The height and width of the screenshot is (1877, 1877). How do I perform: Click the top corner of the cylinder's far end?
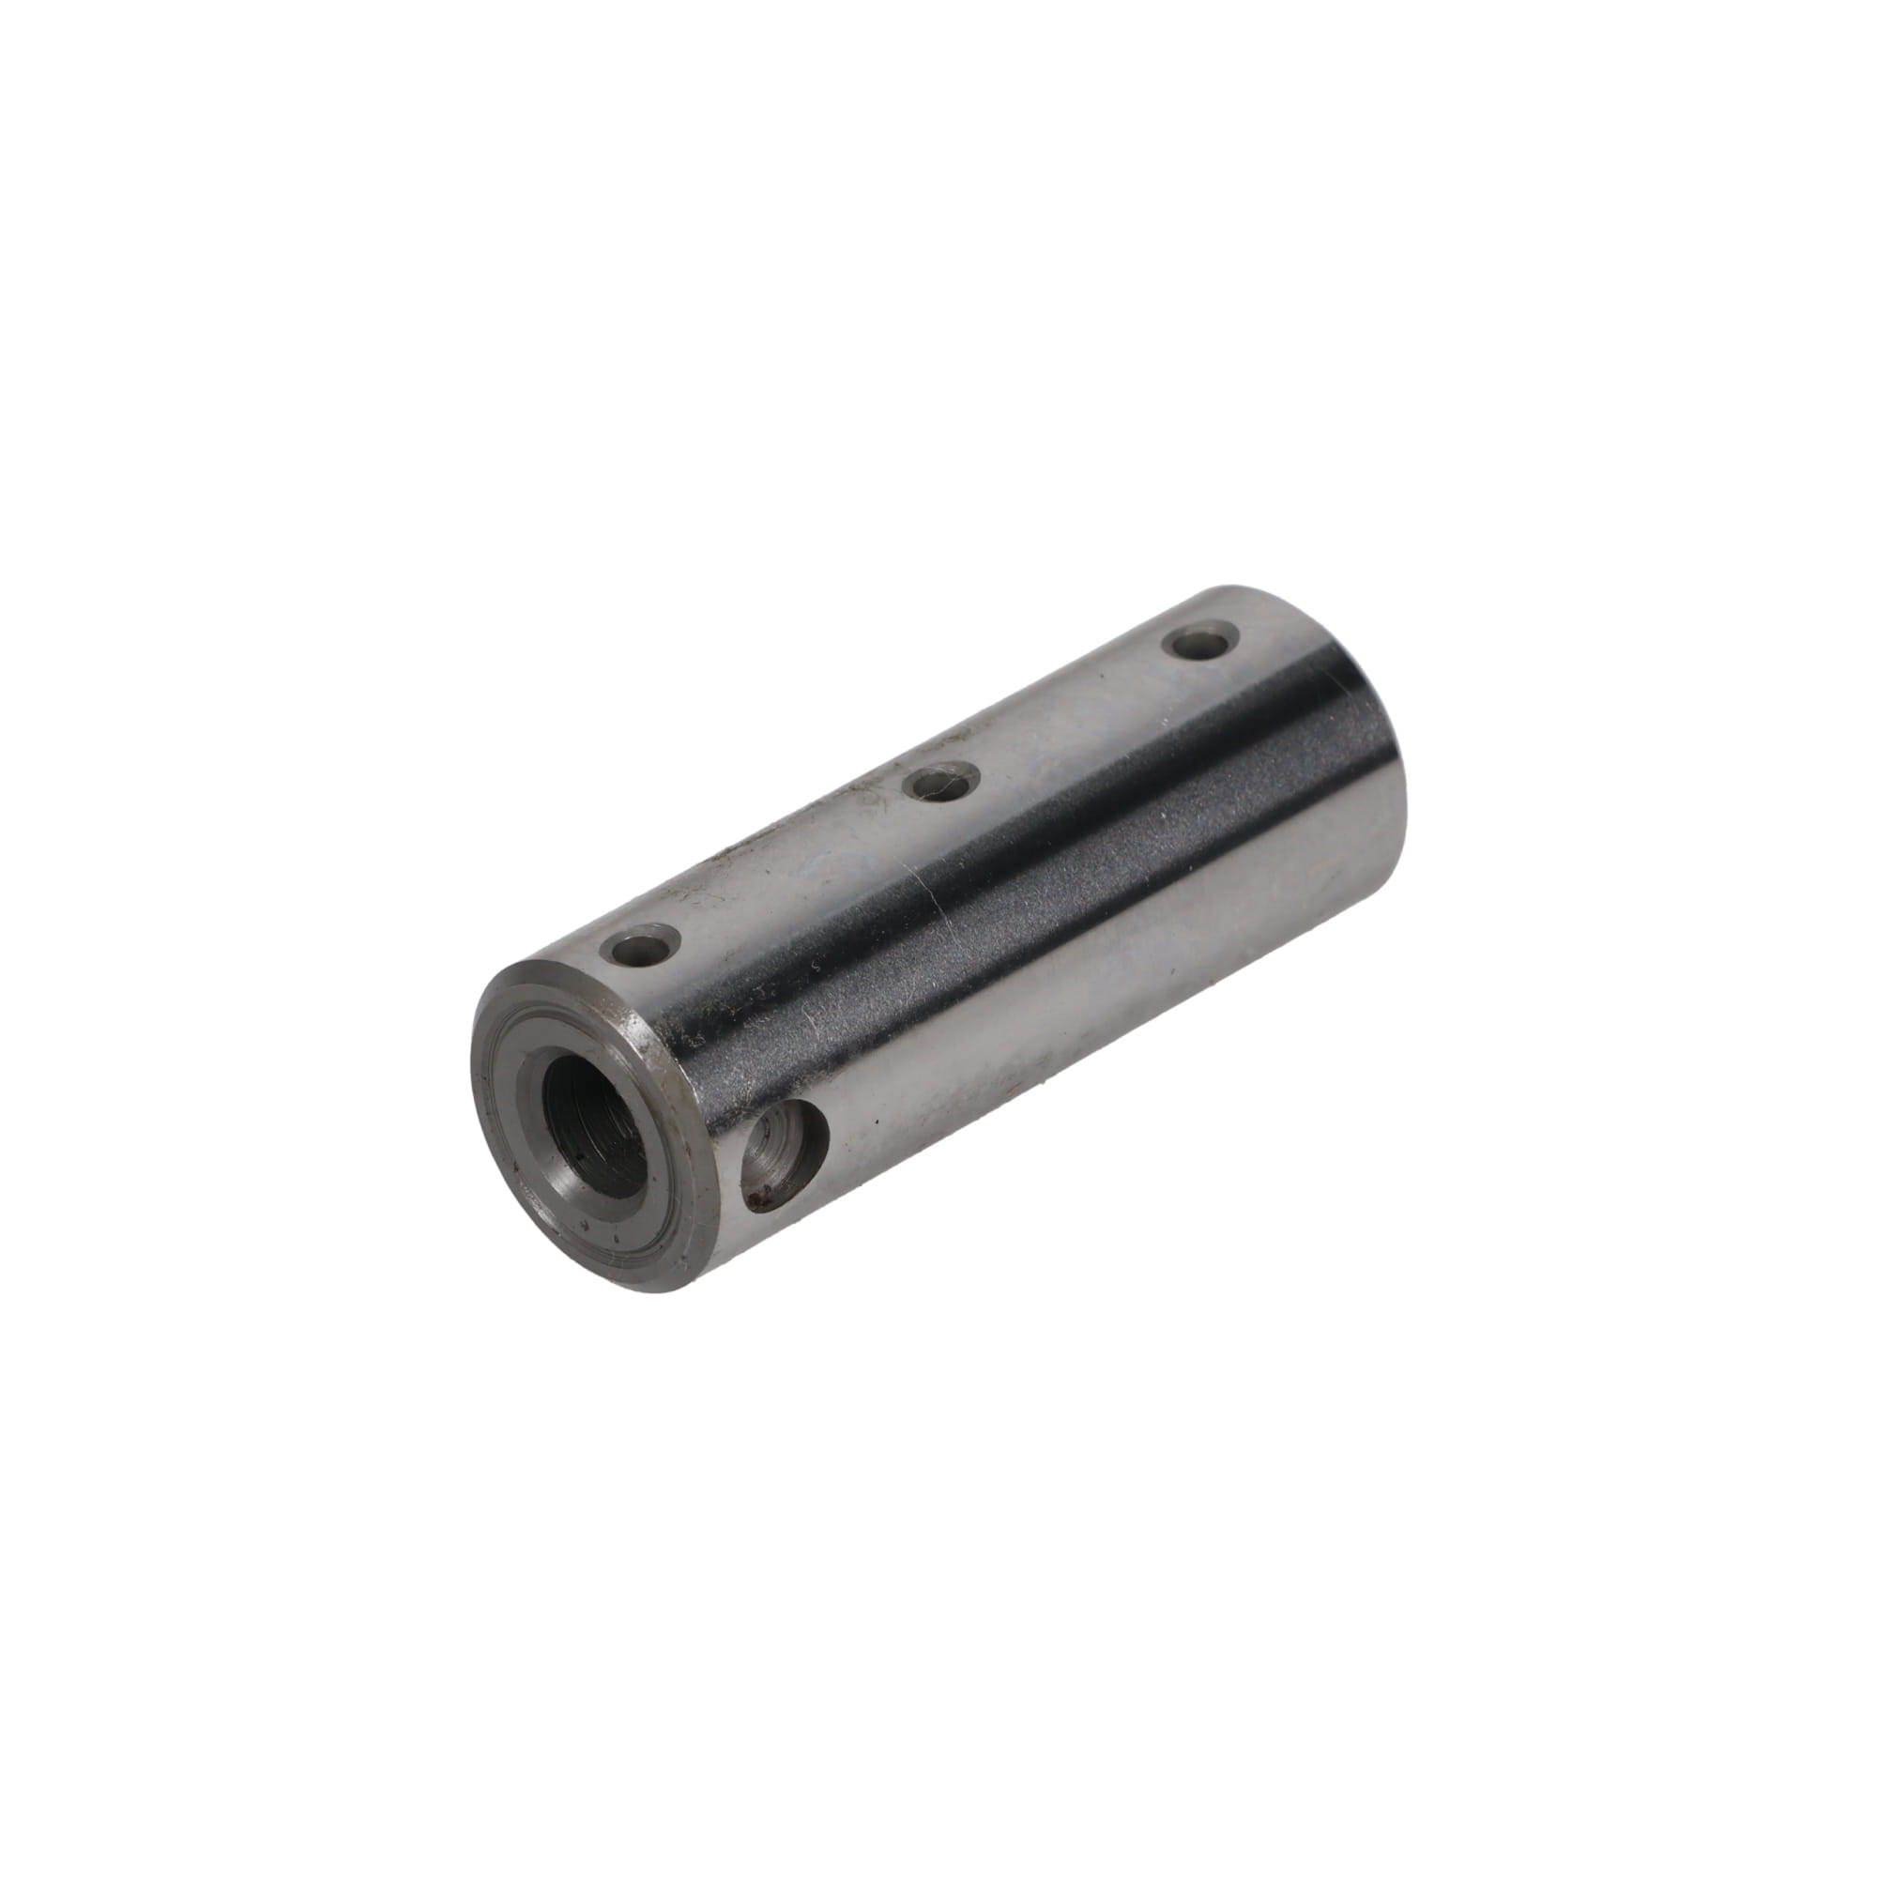[x=1226, y=588]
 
